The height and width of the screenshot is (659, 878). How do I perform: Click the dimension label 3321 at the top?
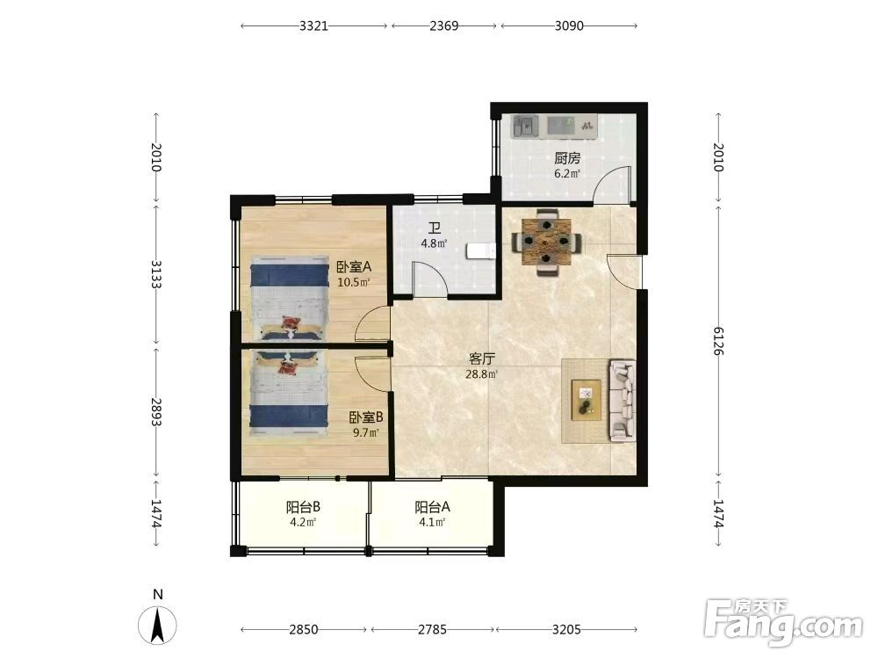tap(313, 25)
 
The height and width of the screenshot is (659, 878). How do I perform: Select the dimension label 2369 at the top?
tap(444, 25)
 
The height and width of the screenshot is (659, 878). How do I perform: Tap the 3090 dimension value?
tap(569, 25)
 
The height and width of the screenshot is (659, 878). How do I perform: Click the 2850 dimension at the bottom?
tap(304, 629)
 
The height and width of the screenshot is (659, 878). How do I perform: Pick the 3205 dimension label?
tap(566, 629)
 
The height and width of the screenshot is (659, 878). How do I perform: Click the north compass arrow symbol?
tap(158, 625)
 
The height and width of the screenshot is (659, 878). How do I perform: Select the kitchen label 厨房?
tap(567, 158)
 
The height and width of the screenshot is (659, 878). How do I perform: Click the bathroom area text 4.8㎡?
tap(434, 243)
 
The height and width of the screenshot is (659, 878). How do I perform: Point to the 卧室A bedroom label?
tap(354, 267)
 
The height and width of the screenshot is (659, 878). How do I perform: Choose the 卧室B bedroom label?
tap(366, 417)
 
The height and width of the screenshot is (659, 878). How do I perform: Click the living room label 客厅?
tap(481, 358)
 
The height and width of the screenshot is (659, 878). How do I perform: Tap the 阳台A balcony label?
tap(432, 508)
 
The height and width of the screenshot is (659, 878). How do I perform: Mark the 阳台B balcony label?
tap(303, 508)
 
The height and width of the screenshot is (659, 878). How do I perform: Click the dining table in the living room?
tap(546, 242)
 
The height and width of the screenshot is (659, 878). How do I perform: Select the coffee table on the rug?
tap(587, 400)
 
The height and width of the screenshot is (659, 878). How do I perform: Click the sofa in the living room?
tap(623, 399)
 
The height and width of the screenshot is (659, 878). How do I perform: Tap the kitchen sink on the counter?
tap(525, 126)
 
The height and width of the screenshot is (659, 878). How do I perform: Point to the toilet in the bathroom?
tap(481, 251)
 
